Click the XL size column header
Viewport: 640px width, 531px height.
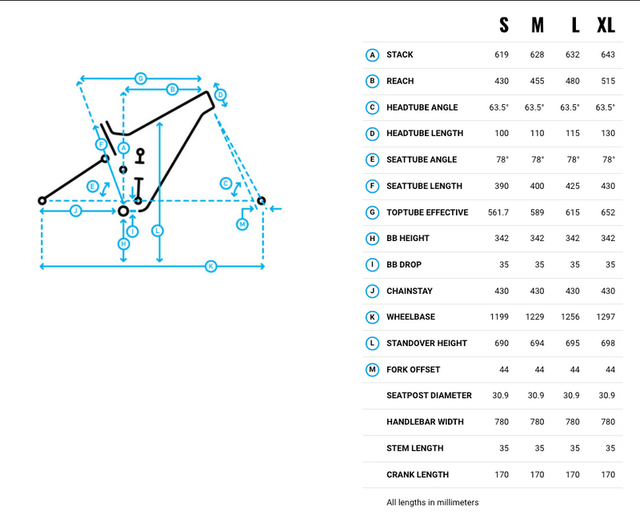606,25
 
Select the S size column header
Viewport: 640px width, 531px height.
503,25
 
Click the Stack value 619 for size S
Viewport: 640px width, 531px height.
501,54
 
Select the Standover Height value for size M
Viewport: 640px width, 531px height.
537,343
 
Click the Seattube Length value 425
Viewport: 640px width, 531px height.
573,186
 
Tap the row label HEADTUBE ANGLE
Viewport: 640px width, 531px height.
422,107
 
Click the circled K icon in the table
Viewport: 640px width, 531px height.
372,317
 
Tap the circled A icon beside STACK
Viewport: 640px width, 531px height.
372,54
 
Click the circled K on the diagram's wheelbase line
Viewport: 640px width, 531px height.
210,266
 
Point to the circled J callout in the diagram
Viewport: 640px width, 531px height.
75,211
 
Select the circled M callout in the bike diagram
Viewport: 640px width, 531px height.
242,224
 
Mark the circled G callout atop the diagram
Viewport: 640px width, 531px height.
140,78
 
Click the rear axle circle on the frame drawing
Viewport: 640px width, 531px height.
42,200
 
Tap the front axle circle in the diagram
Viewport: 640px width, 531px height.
261,200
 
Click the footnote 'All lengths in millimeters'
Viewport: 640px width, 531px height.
432,502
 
